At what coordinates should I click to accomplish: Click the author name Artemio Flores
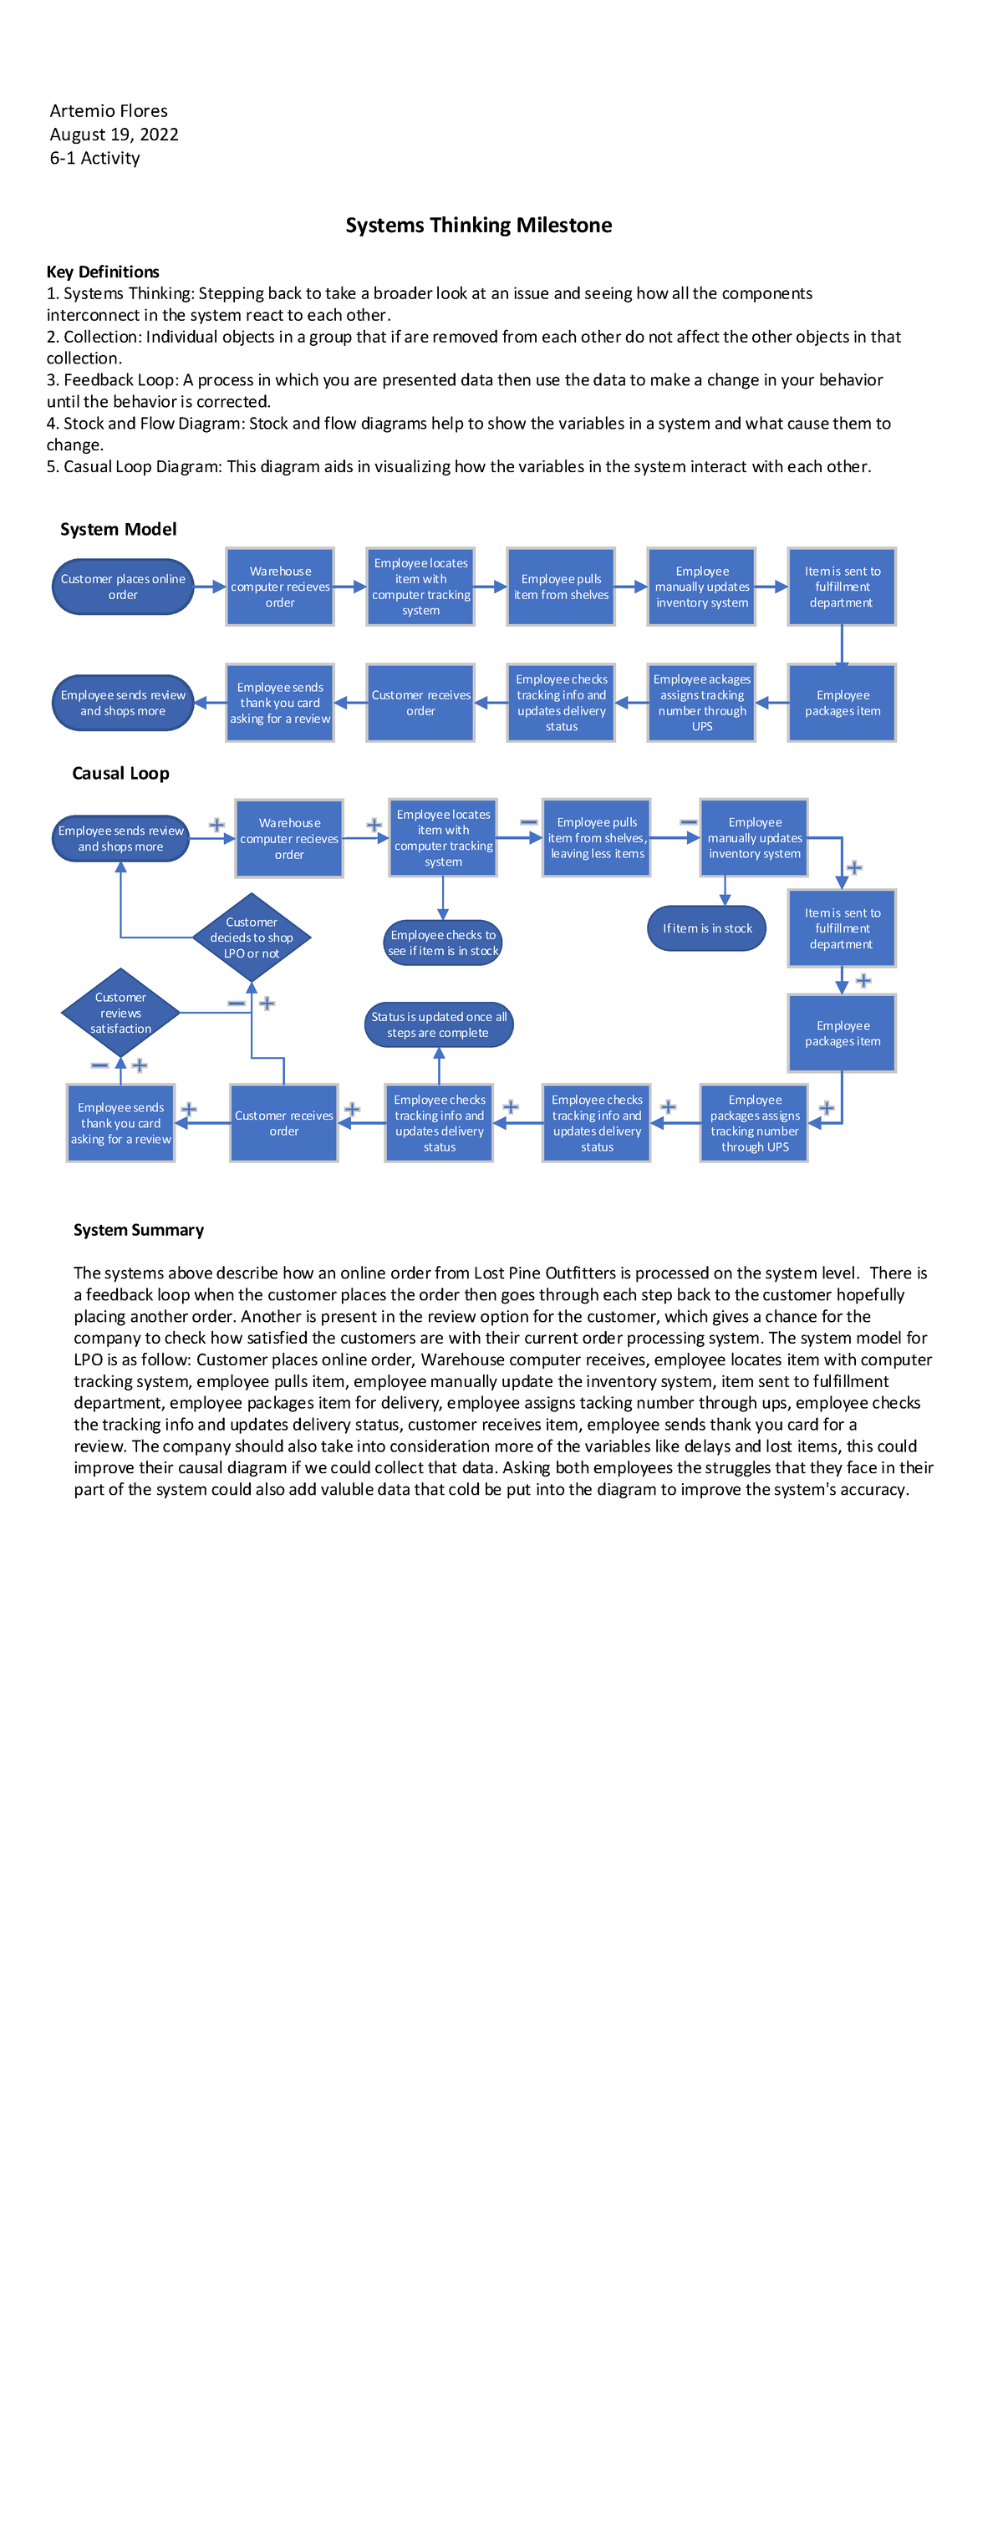[x=109, y=111]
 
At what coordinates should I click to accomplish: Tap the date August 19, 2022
[x=115, y=135]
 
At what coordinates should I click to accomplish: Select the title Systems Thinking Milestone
[x=478, y=226]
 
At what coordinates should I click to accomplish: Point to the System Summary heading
[x=139, y=1230]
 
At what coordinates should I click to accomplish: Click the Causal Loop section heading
[x=120, y=774]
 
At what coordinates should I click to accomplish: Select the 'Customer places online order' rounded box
[x=123, y=587]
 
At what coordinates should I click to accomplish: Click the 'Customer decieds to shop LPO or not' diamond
[x=251, y=938]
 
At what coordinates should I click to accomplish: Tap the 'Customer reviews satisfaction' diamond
[x=120, y=1012]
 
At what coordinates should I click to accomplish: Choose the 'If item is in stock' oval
[x=707, y=928]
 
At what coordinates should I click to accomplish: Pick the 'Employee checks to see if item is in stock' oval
[x=443, y=943]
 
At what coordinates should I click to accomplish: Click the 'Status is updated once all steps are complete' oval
[x=439, y=1024]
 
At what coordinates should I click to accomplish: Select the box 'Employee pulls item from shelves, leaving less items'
[x=597, y=838]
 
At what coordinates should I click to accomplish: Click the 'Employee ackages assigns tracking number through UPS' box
[x=702, y=703]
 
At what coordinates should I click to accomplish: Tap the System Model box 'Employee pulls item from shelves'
[x=561, y=587]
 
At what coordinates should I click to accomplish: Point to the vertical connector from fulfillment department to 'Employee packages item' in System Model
[x=842, y=645]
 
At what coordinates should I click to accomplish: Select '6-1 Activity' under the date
[x=94, y=159]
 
